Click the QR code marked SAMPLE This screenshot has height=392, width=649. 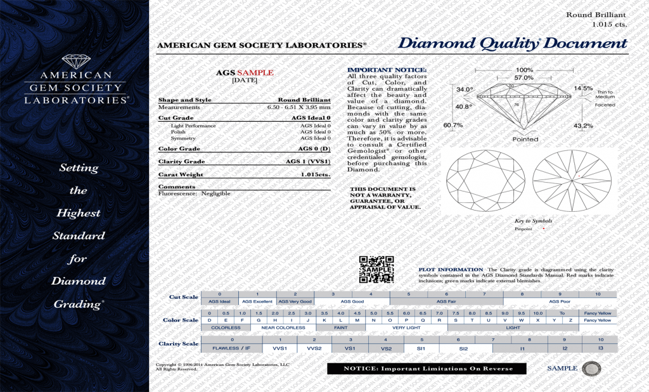[x=376, y=270]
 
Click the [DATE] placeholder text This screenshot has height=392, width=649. [x=244, y=81]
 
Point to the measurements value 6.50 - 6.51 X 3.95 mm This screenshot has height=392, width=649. [x=299, y=108]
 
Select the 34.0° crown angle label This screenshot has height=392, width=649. [x=465, y=89]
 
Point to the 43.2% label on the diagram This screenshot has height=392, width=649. [x=583, y=126]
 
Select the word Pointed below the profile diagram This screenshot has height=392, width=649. [x=525, y=139]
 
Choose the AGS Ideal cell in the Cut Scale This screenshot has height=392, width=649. [x=219, y=302]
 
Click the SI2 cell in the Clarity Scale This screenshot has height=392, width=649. [x=463, y=349]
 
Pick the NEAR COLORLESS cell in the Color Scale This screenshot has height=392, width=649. [x=283, y=328]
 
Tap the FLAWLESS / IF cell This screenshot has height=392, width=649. [x=232, y=349]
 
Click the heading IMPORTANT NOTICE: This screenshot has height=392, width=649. [x=387, y=70]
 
